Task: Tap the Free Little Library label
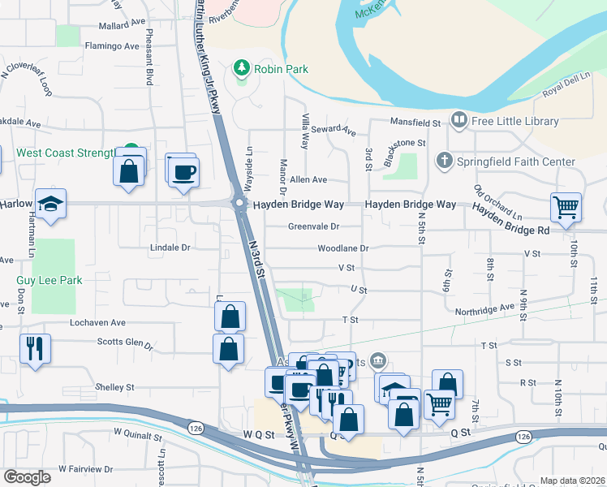click(515, 121)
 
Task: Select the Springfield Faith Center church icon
click(444, 161)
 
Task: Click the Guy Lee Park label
click(50, 281)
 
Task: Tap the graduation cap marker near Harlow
click(50, 206)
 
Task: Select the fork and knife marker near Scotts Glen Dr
click(35, 348)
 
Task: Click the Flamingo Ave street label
click(112, 46)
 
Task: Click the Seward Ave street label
click(334, 129)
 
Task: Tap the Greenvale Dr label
click(313, 227)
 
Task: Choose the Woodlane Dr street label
click(342, 248)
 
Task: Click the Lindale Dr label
click(170, 247)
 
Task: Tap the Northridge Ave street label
click(484, 308)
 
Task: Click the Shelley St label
click(114, 387)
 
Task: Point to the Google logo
click(27, 476)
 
